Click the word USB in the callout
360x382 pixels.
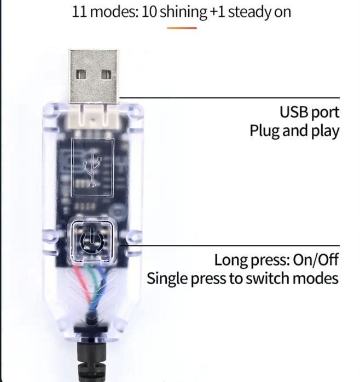tap(295, 113)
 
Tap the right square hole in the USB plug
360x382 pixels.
tap(106, 74)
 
